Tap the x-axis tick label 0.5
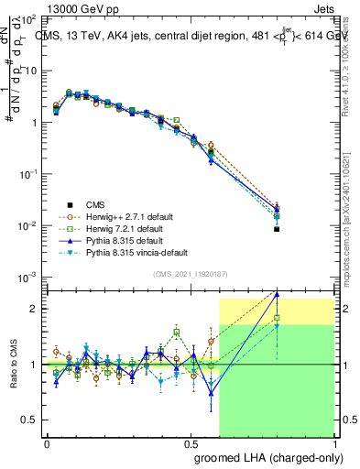pyautogui.click(x=191, y=442)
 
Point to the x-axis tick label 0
pyautogui.click(x=47, y=442)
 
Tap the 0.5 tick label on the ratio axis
pyautogui.click(x=34, y=420)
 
